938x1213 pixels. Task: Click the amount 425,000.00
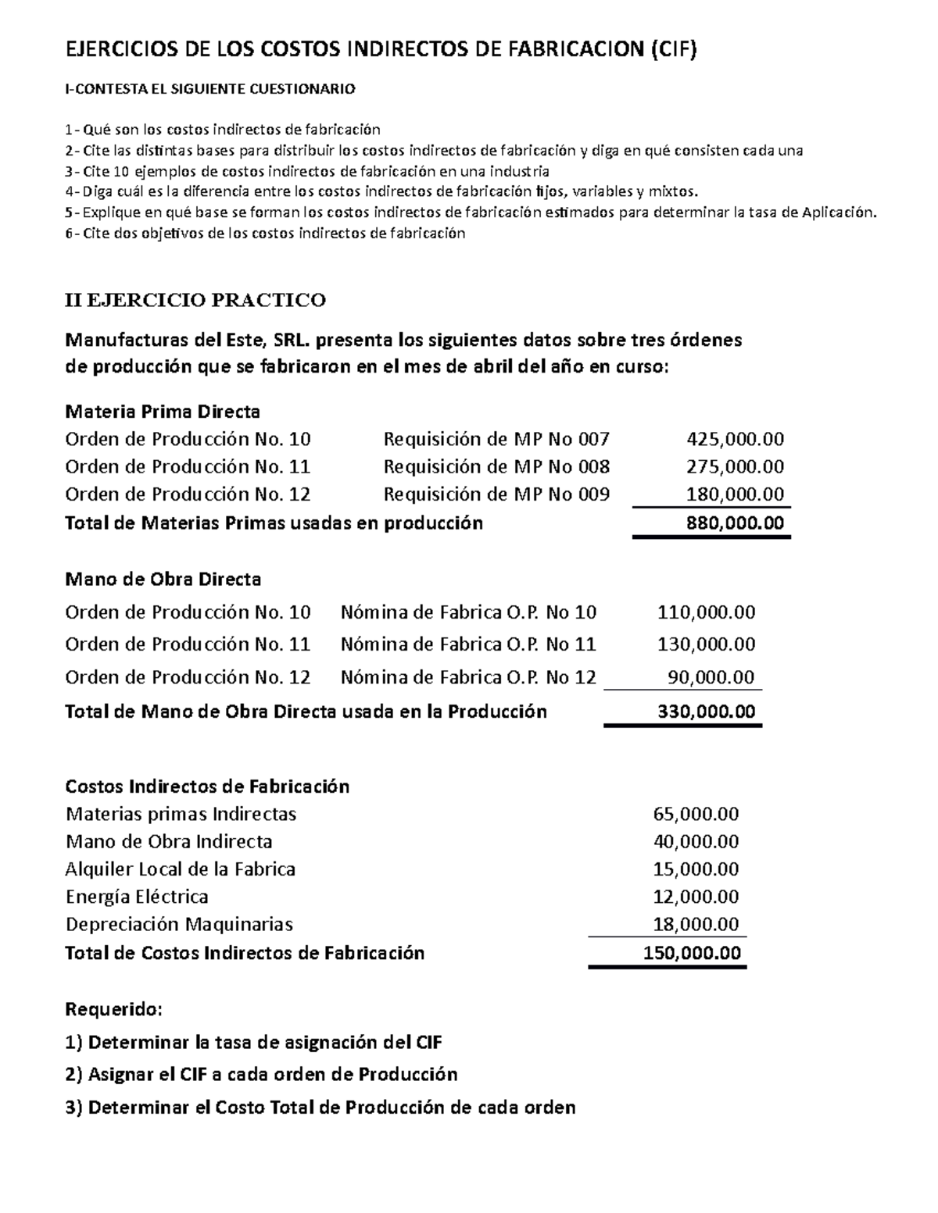(735, 439)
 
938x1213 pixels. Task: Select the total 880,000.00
(735, 523)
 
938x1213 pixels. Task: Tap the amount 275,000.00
(735, 467)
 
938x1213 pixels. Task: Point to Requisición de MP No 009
(496, 494)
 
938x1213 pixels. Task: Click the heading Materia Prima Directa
(163, 411)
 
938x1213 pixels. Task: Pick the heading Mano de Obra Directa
(163, 580)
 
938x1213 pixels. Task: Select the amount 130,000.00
(707, 644)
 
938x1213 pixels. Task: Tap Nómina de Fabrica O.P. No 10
(468, 612)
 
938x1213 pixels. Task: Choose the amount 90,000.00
(711, 677)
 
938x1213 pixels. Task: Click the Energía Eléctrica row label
(137, 897)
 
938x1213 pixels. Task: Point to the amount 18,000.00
(696, 925)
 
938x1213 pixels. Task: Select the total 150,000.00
(692, 953)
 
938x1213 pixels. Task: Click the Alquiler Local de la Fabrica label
(181, 869)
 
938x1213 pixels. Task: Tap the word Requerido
(114, 1009)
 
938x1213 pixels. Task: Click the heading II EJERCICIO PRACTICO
(195, 300)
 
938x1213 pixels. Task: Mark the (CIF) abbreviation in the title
(672, 51)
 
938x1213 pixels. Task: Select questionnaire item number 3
(307, 172)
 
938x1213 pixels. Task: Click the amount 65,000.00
(696, 814)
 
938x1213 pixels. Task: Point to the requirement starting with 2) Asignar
(261, 1074)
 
